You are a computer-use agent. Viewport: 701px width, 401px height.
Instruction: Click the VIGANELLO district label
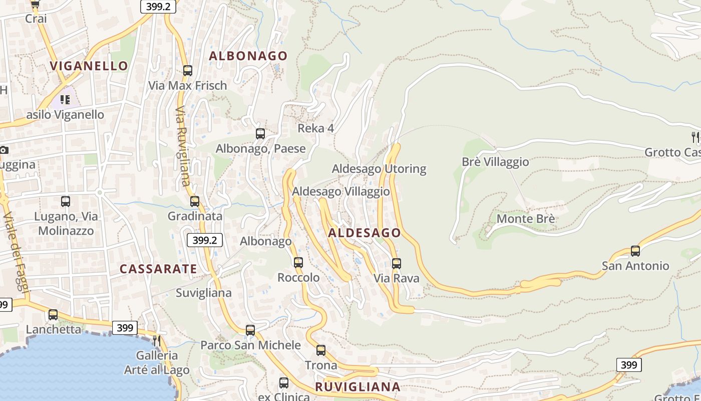coord(89,66)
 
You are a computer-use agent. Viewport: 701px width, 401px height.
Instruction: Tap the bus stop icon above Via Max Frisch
coord(188,71)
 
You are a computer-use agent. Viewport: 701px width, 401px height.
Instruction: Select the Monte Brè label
coord(525,219)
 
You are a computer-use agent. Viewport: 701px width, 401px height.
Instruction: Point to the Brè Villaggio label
coord(495,162)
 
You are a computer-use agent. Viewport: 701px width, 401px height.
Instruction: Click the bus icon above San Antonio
coord(635,251)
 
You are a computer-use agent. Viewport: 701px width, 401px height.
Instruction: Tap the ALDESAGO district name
coord(365,233)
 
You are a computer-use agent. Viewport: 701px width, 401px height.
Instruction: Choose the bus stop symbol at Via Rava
coord(397,263)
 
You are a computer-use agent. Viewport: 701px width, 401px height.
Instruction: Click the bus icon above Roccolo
coord(298,262)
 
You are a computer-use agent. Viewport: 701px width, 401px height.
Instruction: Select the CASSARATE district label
coord(158,269)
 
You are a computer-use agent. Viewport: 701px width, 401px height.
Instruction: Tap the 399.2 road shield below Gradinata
coord(205,240)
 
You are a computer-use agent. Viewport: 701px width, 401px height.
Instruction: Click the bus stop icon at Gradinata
coord(195,202)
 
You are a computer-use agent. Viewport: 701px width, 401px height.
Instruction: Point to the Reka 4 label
coord(315,128)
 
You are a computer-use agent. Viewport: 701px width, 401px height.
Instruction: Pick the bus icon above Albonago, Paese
coord(260,134)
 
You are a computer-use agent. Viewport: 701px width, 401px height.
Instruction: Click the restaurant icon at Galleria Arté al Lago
coord(157,341)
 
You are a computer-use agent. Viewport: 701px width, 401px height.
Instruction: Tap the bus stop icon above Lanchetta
coord(53,315)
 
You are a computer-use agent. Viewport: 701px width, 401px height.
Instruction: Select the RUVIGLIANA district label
coord(358,386)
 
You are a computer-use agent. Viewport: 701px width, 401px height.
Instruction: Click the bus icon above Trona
coord(321,350)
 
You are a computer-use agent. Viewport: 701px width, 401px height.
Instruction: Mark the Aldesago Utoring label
coord(379,168)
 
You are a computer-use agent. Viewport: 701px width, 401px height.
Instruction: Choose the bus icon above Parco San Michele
coord(250,330)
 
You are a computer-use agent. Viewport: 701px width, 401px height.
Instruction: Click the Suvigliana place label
coord(203,293)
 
